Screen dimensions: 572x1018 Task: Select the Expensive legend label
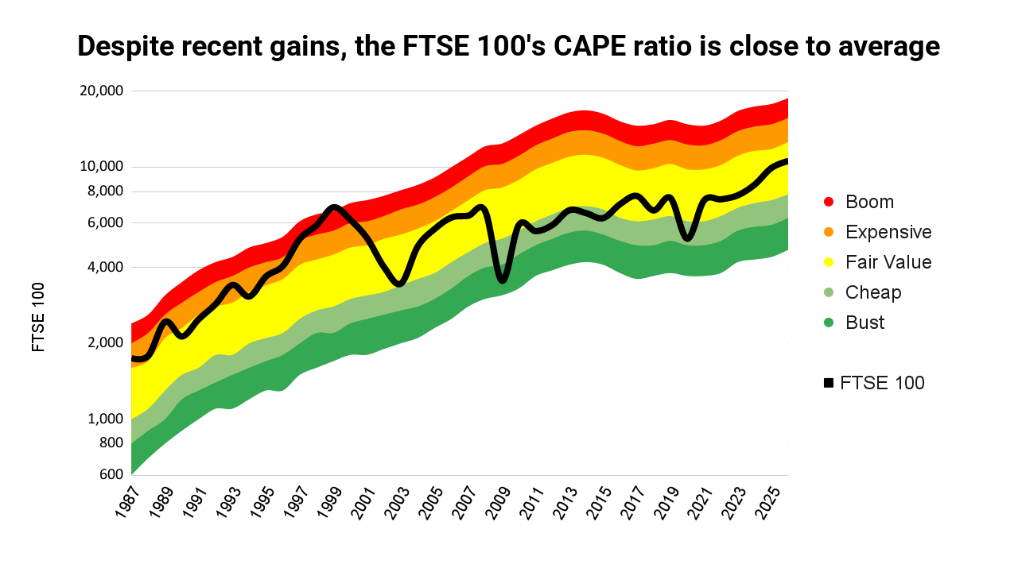888,232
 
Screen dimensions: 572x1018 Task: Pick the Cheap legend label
873,292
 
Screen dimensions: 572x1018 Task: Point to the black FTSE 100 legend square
829,383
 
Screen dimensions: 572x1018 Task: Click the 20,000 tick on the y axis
102,91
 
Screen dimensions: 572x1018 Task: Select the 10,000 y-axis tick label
102,167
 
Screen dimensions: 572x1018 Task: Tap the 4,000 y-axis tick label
106,267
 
